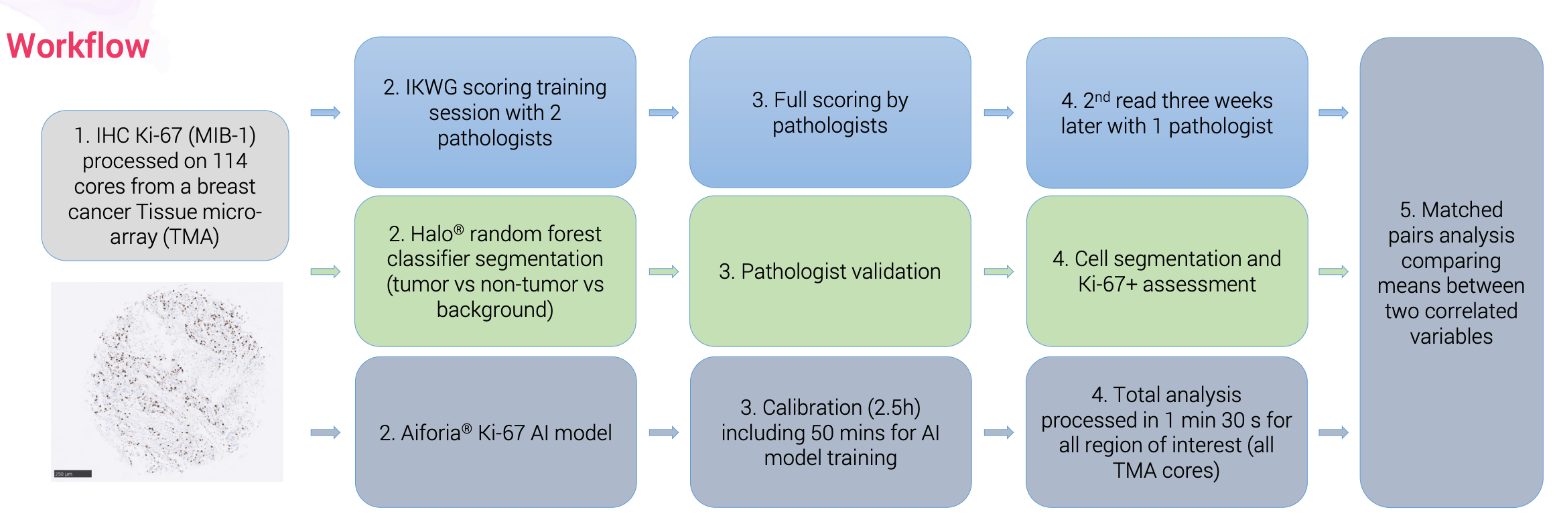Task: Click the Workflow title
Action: coord(78,46)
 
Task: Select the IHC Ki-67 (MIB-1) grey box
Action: coord(165,186)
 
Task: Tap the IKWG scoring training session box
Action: coord(495,112)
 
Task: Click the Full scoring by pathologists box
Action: coord(829,112)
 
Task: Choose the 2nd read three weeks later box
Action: coord(1166,113)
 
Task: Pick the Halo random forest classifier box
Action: coord(495,271)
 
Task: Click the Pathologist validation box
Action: coord(829,271)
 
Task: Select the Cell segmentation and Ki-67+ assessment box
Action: coord(1166,271)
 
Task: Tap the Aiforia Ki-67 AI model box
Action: coord(495,432)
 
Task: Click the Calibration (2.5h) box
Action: coord(830,432)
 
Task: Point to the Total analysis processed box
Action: coord(1166,432)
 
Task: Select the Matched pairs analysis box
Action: coord(1450,272)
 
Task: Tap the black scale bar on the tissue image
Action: coord(72,474)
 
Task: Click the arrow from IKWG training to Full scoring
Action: coord(663,113)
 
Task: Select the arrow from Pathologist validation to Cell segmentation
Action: coord(998,271)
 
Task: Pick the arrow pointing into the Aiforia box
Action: coord(326,432)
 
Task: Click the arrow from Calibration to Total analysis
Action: coord(998,432)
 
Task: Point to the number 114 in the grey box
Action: coord(230,161)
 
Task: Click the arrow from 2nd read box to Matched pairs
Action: coord(1333,113)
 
